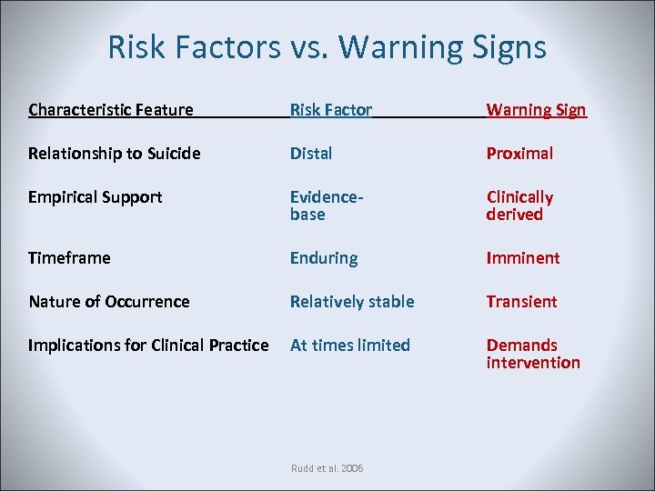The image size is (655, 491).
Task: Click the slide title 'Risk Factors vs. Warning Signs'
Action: point(327,46)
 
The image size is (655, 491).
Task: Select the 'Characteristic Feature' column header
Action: point(111,110)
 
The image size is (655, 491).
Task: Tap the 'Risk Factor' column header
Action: point(331,110)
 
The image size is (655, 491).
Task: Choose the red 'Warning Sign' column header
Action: point(536,110)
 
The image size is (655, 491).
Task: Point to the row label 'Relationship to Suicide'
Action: point(115,154)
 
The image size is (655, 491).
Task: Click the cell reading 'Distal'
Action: point(311,154)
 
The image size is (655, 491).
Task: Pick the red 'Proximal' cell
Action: point(519,154)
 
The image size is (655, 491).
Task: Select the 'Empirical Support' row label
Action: point(96,197)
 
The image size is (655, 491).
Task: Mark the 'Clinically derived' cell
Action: point(519,205)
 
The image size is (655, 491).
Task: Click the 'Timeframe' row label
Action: point(69,258)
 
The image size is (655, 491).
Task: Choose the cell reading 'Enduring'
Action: point(324,258)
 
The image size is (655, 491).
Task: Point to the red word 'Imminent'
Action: point(523,258)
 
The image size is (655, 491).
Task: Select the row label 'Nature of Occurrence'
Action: point(109,302)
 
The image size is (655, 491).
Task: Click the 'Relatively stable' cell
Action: point(352,302)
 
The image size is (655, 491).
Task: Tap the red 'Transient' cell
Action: point(521,302)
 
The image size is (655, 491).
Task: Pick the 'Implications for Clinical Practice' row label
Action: point(148,346)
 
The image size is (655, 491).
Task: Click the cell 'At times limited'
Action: point(350,346)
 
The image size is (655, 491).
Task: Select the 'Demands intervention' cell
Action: point(533,354)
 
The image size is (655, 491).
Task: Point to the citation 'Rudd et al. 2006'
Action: point(327,467)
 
